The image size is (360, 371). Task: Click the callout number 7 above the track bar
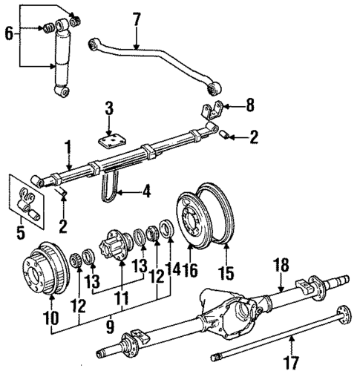tap(136, 18)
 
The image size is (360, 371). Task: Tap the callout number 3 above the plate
tap(108, 111)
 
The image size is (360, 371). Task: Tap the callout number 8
tap(249, 107)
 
